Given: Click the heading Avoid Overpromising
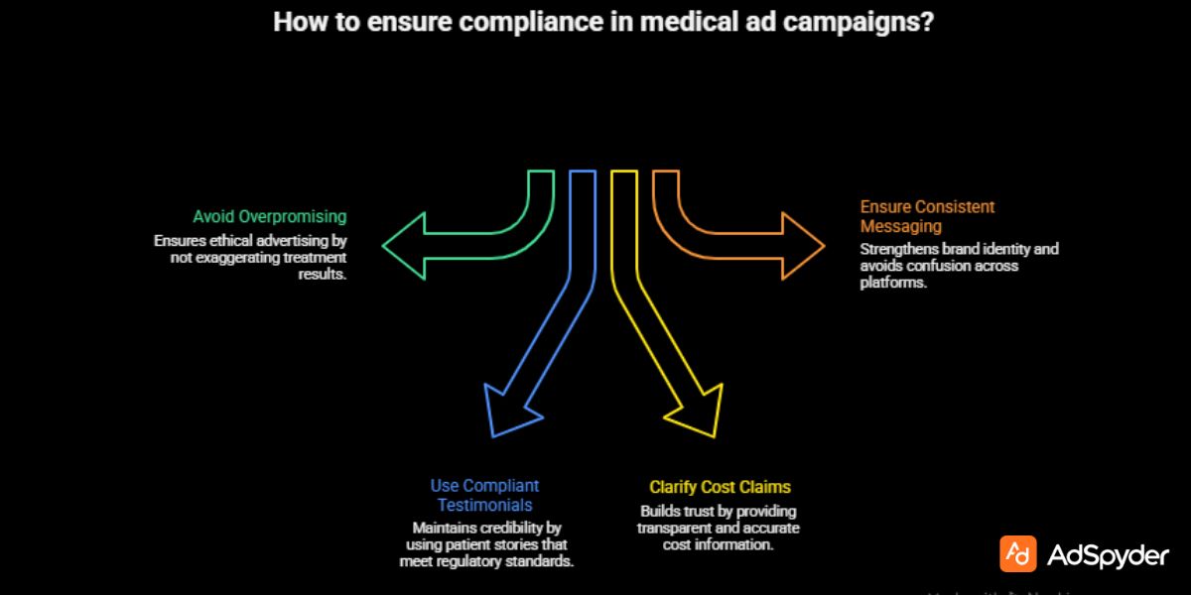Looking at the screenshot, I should coord(269,216).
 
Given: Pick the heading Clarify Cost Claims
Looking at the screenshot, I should coord(720,487).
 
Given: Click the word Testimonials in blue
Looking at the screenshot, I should coord(484,505).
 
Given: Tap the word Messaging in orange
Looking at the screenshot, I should coord(900,226).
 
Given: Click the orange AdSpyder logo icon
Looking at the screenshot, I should coord(1017,554).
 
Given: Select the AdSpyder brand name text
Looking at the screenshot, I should coord(1109,556).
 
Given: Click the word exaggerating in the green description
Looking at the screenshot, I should coord(233,258).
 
